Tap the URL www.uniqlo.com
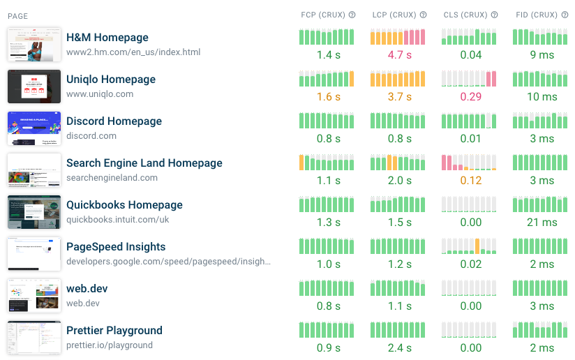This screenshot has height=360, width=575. [100, 94]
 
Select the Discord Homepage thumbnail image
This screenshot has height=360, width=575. [34, 128]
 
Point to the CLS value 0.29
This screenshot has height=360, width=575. [471, 97]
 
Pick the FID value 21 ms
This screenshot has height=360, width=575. [542, 223]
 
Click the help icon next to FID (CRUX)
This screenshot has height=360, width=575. [566, 15]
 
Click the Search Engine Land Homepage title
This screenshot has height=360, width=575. [144, 163]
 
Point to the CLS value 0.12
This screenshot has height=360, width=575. [471, 181]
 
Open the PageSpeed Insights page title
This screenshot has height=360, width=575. [116, 247]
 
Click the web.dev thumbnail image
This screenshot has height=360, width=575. [34, 296]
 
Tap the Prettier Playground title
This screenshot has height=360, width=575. [114, 331]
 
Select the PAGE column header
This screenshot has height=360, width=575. [18, 15]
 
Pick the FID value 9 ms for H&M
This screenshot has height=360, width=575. [542, 55]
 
